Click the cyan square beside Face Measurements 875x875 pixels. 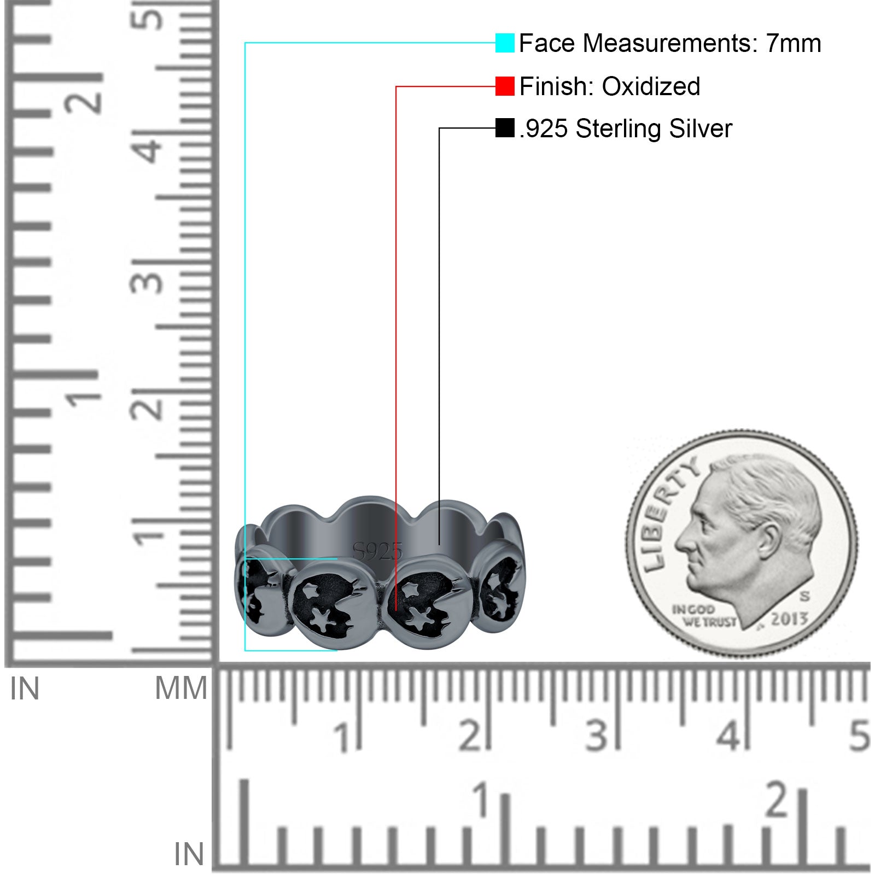pyautogui.click(x=505, y=43)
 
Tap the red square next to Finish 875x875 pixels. pyautogui.click(x=505, y=86)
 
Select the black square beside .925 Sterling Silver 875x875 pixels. pyautogui.click(x=505, y=128)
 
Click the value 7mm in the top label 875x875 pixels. pyautogui.click(x=793, y=43)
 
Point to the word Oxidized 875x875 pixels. pyautogui.click(x=651, y=86)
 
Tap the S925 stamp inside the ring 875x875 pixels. pyautogui.click(x=377, y=551)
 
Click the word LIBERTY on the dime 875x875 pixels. pyautogui.click(x=669, y=513)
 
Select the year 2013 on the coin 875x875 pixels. pyautogui.click(x=790, y=619)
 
